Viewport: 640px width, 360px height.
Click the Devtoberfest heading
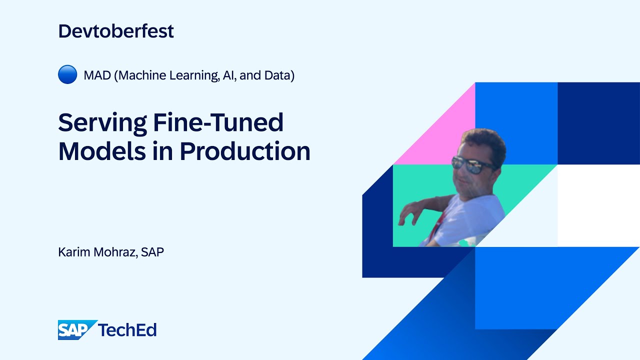coord(116,31)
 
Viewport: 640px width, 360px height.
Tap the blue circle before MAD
coord(67,75)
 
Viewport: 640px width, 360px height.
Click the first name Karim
coord(73,252)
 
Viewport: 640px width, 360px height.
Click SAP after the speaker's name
coord(152,252)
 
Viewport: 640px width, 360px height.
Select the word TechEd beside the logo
coord(127,330)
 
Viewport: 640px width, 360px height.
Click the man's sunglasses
coord(472,163)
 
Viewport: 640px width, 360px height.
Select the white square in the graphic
coord(598,205)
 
